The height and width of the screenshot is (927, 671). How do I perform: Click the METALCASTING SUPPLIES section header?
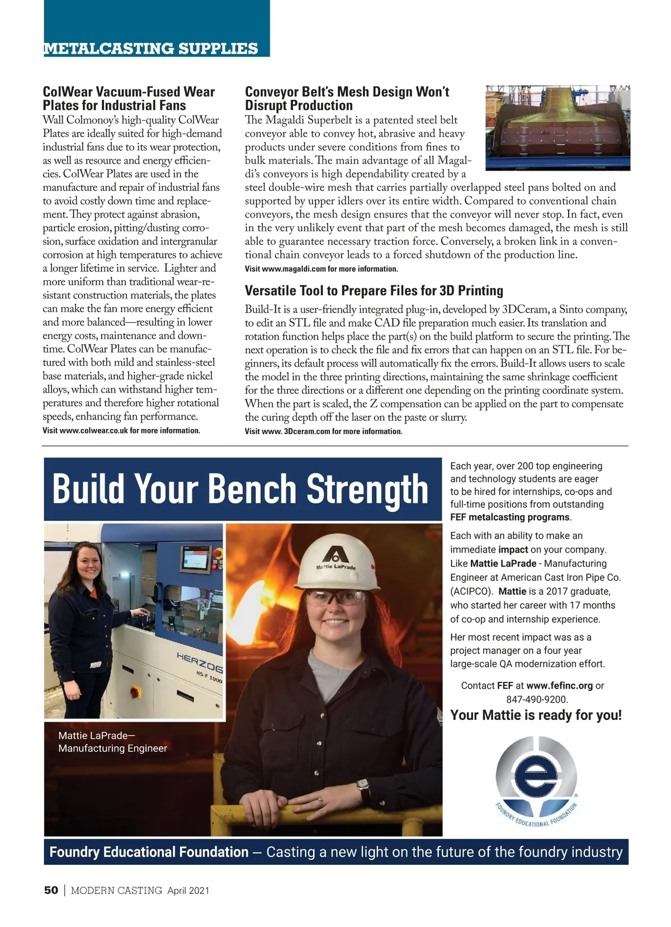pos(150,49)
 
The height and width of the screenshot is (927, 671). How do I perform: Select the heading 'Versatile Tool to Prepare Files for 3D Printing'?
pos(374,291)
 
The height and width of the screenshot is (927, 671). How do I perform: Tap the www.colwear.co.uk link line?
pos(121,431)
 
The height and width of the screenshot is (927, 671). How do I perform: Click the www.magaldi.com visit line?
pos(322,269)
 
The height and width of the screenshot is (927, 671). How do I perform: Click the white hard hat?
pos(336,566)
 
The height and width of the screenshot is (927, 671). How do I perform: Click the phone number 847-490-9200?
pos(536,699)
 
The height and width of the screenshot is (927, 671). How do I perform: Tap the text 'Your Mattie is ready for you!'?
pos(536,716)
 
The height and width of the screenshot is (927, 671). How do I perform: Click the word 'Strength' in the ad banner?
pos(367,490)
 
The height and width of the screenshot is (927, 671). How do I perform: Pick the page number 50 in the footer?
pos(51,891)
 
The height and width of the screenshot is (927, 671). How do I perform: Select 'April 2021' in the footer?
pos(188,891)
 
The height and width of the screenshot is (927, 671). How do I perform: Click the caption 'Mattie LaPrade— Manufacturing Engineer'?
pos(112,742)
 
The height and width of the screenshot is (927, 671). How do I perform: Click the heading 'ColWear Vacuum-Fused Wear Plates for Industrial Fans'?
pos(129,98)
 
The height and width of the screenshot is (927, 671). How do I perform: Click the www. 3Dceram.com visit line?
pos(324,431)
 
